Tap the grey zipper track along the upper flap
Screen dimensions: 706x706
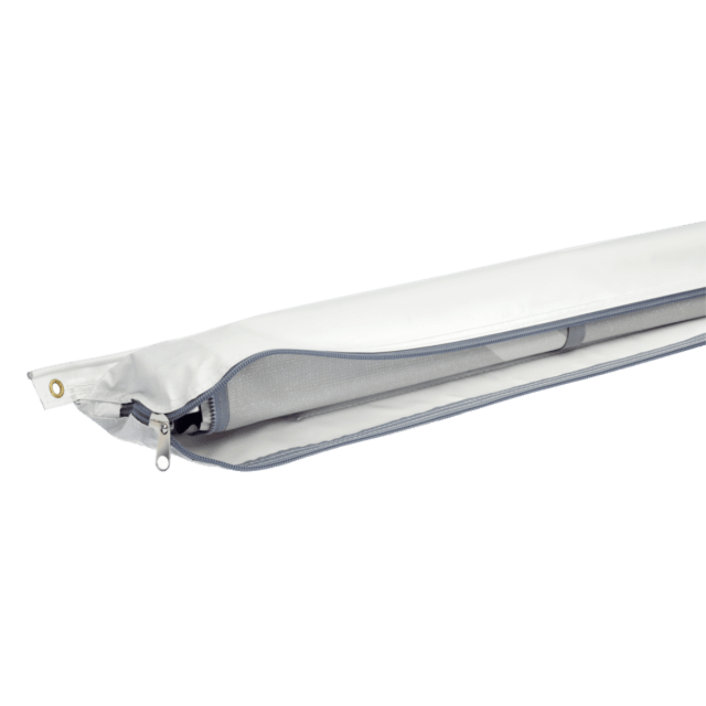pos(412,341)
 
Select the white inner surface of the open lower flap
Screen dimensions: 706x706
pos(353,435)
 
